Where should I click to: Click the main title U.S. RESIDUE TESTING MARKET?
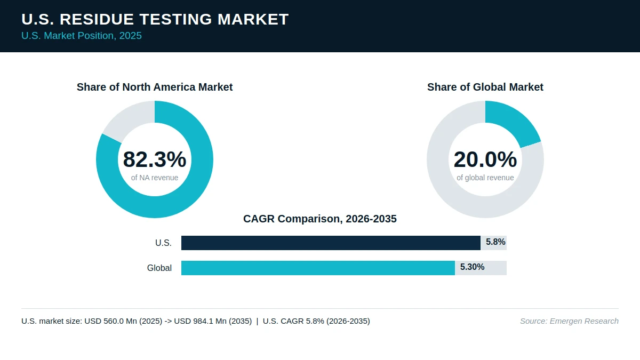(x=155, y=19)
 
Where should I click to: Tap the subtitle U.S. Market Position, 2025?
(x=82, y=36)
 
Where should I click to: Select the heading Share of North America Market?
(x=155, y=87)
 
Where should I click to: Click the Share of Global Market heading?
(x=485, y=87)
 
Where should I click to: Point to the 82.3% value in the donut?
(x=155, y=159)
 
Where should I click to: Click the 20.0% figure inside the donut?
(x=485, y=159)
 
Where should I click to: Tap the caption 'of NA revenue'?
(x=155, y=178)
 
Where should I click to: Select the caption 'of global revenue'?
(x=485, y=178)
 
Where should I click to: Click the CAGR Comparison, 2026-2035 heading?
(x=320, y=219)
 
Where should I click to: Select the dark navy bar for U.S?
(x=331, y=243)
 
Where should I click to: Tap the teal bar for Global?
(x=318, y=268)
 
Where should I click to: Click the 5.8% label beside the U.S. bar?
(x=495, y=242)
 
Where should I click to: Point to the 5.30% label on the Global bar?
(x=472, y=267)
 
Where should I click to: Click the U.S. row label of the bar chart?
(x=163, y=243)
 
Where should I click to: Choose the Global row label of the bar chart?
(x=159, y=268)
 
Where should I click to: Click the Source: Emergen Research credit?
(x=569, y=321)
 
